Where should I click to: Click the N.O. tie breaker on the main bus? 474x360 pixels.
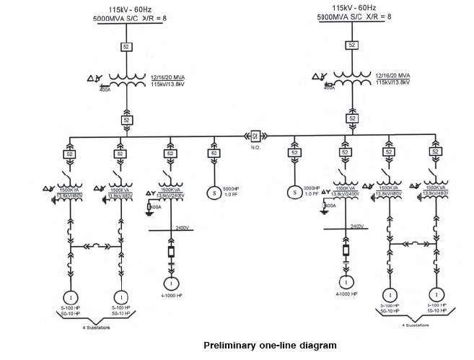tap(255, 134)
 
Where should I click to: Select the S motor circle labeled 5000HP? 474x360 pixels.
tap(214, 193)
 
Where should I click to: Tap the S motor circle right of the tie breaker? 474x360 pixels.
tap(294, 193)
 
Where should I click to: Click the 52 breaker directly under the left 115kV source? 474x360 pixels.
tap(126, 48)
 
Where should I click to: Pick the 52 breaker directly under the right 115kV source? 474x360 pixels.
tap(352, 45)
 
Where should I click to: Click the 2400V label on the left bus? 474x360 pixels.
tap(183, 227)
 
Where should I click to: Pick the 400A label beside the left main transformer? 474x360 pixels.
tap(105, 90)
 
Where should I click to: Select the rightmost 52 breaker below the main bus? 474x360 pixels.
tap(434, 152)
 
